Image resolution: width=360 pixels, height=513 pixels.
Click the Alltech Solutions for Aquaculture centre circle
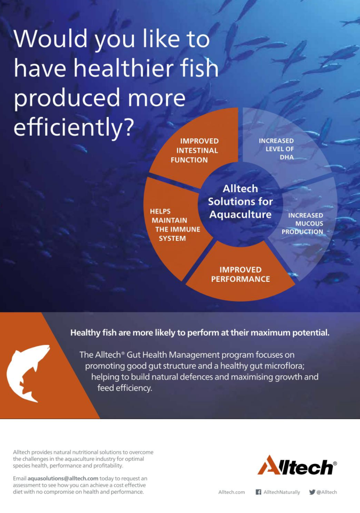click(x=240, y=202)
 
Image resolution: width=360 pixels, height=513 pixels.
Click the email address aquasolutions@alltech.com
click(x=63, y=478)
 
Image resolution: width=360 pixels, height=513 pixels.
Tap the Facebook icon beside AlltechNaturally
click(x=258, y=492)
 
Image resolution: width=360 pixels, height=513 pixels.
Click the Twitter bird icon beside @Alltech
click(x=312, y=492)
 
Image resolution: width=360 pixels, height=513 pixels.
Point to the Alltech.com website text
click(x=231, y=492)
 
